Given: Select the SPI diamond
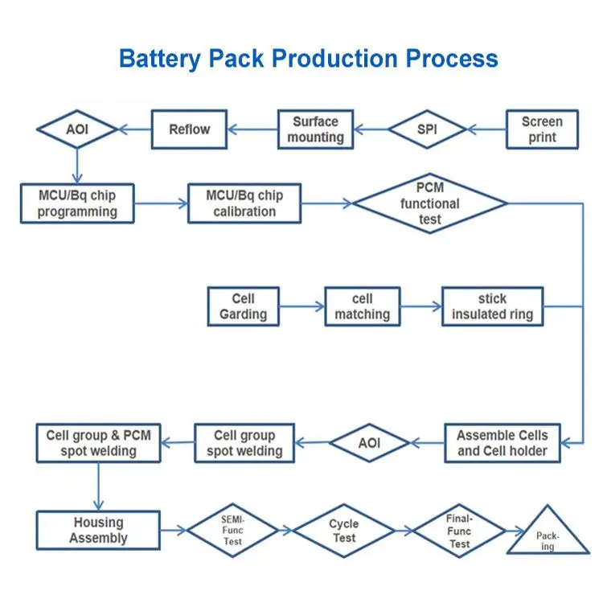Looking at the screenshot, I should click(x=428, y=129).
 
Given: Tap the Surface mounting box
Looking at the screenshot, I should click(x=315, y=129).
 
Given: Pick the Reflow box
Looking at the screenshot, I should click(x=189, y=129).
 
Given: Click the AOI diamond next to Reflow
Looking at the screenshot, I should click(x=77, y=129).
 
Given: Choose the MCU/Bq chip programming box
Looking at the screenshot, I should click(x=77, y=203).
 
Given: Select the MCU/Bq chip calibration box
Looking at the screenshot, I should click(x=245, y=203).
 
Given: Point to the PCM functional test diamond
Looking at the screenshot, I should click(x=430, y=203).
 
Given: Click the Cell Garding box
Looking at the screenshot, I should click(x=243, y=306).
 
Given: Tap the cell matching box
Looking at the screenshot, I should click(x=362, y=306).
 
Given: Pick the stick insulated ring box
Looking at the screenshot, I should click(x=492, y=306).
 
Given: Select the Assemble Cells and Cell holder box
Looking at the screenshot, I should click(x=503, y=442).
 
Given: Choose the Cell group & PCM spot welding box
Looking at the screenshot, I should click(x=98, y=443).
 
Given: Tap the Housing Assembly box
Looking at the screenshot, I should click(x=98, y=531).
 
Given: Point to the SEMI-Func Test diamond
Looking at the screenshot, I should click(x=233, y=531).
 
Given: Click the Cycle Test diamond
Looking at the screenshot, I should click(x=344, y=531).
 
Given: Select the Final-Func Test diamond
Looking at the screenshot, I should click(x=459, y=531).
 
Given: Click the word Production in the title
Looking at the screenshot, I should click(x=343, y=59).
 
